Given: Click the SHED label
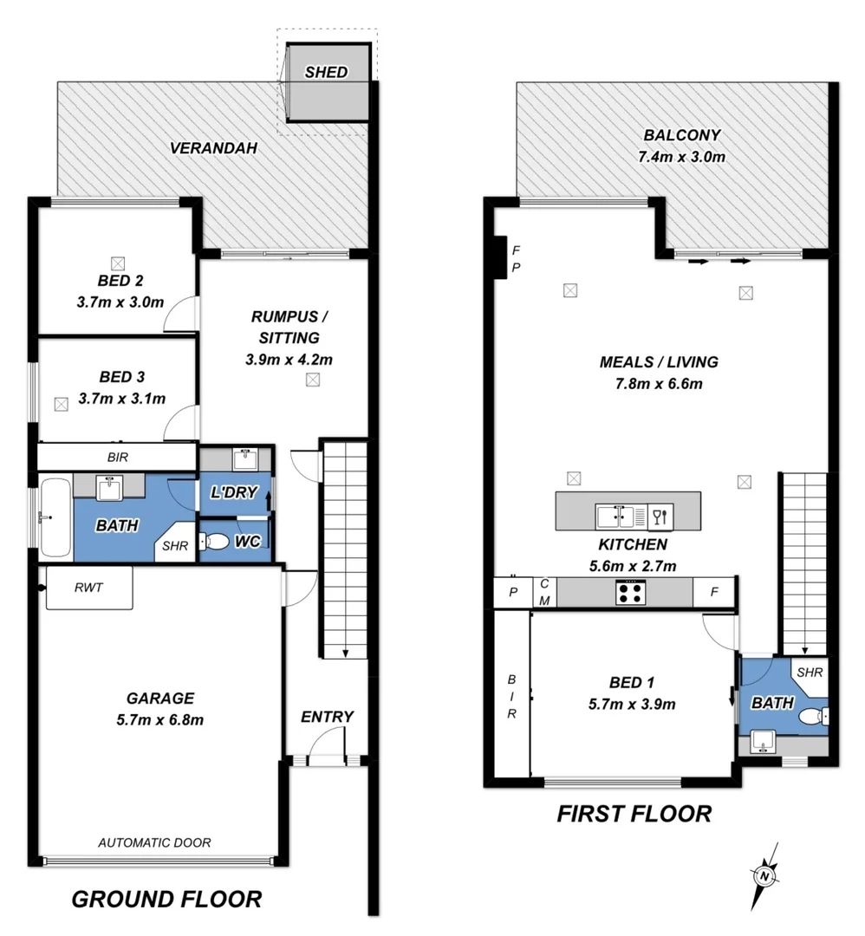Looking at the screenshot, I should (326, 72).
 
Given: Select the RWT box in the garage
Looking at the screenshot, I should (88, 588).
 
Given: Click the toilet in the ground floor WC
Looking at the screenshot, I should (215, 542).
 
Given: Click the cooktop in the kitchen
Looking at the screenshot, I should (629, 593).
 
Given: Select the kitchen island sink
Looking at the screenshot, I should (615, 517).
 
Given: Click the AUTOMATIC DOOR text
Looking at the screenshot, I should (154, 842).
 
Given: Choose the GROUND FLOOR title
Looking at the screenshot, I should (166, 899).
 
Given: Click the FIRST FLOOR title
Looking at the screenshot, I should (634, 814).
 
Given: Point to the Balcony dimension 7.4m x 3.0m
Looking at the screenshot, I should (681, 157).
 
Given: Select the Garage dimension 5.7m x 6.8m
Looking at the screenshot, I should (159, 718).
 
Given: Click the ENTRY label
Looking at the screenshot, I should (327, 717).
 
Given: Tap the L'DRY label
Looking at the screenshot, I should (234, 493).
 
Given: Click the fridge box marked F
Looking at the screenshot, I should (714, 593).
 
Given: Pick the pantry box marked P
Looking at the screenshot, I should (512, 593).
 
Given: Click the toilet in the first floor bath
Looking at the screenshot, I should (810, 717).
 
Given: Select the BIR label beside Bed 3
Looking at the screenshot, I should (118, 456).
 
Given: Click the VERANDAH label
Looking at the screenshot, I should (213, 148).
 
